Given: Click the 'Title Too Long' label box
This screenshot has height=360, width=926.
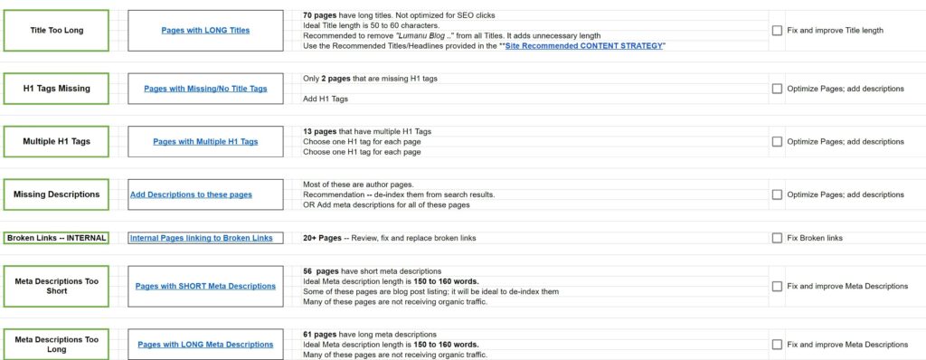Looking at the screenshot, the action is (56, 30).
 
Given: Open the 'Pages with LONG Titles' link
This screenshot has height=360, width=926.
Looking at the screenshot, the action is (205, 30).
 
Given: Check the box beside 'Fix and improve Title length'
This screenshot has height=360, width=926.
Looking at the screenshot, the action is (777, 30).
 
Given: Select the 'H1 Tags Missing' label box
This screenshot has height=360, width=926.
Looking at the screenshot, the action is (56, 89).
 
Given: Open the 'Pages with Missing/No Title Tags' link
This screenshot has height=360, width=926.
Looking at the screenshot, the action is (205, 89).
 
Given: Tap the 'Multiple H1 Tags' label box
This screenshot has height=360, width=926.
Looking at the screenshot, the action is (56, 141).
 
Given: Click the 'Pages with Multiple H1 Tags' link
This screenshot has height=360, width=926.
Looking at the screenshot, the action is (205, 141).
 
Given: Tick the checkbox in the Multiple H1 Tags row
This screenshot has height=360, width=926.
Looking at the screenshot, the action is (777, 141).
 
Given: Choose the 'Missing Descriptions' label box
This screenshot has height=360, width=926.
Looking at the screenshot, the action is (56, 194).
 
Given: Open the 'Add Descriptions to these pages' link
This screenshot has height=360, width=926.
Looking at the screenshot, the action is (191, 194).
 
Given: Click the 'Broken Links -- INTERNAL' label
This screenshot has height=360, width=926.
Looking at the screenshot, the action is (56, 238).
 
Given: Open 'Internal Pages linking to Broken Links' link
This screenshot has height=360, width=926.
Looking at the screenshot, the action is (201, 238).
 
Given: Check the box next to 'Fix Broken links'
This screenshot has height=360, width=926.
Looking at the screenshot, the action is (777, 238).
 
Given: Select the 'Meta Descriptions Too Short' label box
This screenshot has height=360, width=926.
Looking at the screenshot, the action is (56, 286).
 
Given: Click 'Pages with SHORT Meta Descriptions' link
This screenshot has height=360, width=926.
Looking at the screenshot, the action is (205, 286).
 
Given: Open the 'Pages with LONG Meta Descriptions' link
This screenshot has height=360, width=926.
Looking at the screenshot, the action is (205, 344).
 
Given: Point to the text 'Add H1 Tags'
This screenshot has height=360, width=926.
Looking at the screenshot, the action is (326, 99).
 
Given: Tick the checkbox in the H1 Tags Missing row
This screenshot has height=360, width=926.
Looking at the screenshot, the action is (777, 89).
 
